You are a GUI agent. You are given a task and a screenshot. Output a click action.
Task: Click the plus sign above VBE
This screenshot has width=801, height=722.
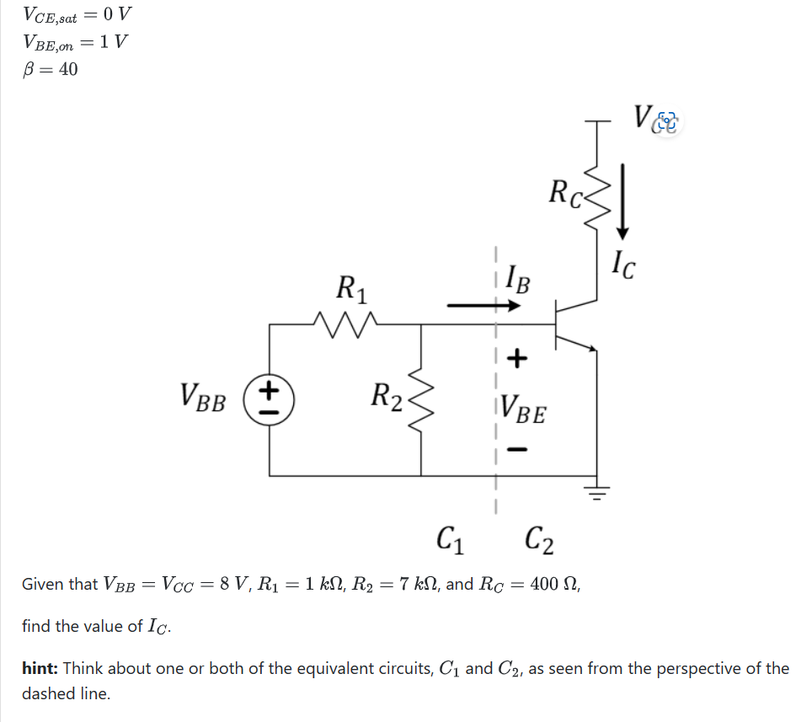click(x=517, y=360)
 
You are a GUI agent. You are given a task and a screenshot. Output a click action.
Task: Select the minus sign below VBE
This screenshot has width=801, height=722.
click(x=518, y=452)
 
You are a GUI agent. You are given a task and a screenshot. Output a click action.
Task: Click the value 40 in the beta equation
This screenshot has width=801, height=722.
click(x=67, y=69)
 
